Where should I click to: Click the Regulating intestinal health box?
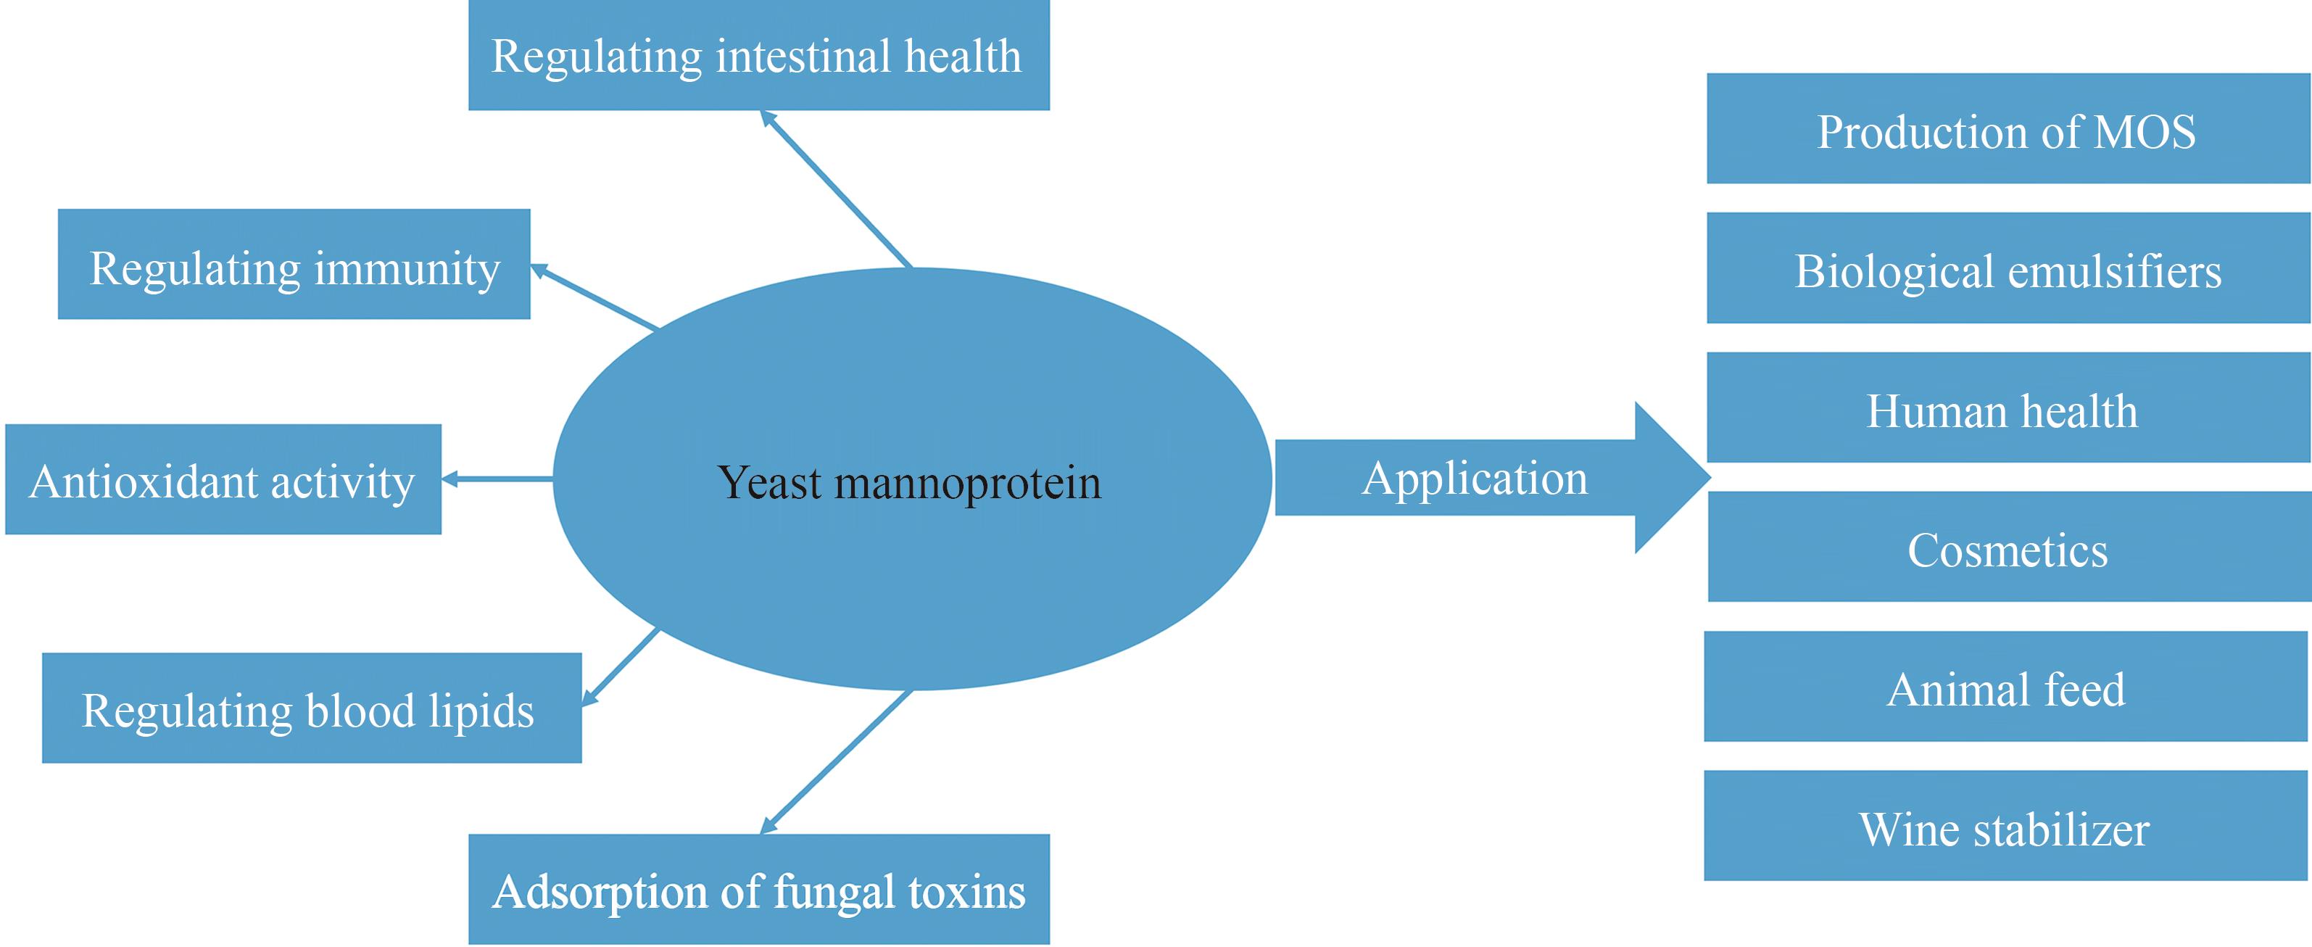click(x=758, y=56)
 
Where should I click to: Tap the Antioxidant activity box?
click(x=223, y=479)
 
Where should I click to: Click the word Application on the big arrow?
click(x=1475, y=478)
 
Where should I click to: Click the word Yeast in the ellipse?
click(x=769, y=482)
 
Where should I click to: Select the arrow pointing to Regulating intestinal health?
click(x=837, y=189)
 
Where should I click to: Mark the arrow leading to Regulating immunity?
click(x=595, y=297)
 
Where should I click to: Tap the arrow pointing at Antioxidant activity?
click(x=498, y=479)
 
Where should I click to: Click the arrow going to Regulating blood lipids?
click(x=621, y=666)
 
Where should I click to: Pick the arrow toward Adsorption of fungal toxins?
click(x=837, y=761)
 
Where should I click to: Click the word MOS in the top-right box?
click(x=2145, y=131)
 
